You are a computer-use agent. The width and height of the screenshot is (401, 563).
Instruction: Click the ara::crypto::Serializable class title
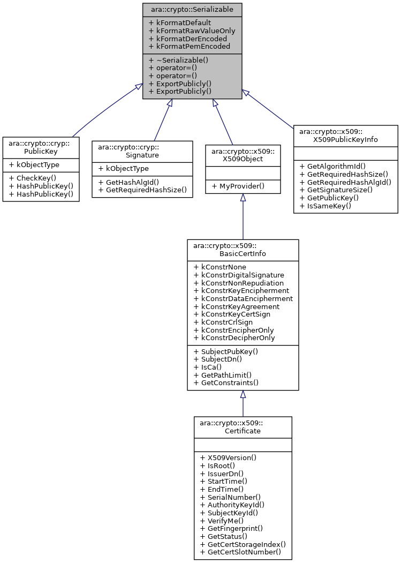192,10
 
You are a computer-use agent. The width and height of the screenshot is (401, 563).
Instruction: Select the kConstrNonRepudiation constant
238,283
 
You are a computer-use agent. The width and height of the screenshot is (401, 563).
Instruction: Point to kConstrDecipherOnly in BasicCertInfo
234,337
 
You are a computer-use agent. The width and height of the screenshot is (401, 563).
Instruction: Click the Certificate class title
243,427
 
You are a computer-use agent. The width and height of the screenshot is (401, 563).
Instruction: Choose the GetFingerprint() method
231,528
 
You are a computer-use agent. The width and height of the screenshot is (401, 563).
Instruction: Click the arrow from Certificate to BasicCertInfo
243,404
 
